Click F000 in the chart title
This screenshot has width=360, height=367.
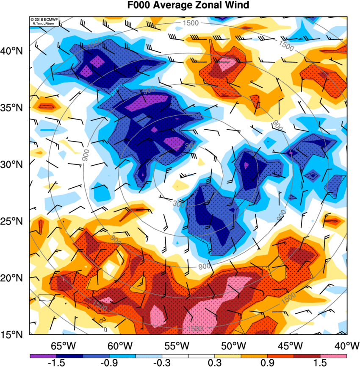coord(141,6)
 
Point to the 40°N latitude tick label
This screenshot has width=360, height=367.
coord(15,51)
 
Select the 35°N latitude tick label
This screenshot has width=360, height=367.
coord(15,108)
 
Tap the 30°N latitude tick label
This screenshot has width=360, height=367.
coord(15,164)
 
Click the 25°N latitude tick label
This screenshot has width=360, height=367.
coord(15,221)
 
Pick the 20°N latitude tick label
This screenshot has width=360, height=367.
coord(15,278)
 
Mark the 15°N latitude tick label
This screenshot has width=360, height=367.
coord(15,334)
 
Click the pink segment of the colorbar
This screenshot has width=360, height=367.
coord(333,356)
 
